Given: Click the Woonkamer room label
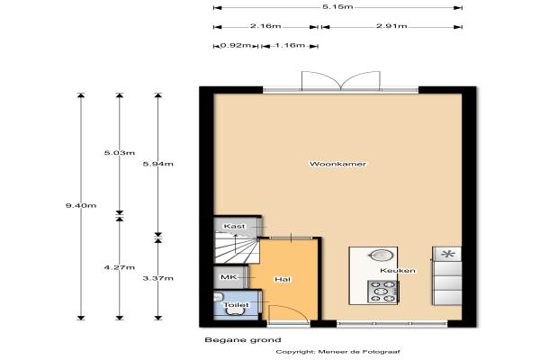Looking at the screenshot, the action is pos(337,164).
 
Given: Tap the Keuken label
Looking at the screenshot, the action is pos(398,270).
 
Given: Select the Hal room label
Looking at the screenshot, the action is pos(283,279).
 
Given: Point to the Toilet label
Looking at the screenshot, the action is pos(236,305).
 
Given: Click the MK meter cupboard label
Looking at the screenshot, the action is pos(229,277).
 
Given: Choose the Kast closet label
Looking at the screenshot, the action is pos(234,226).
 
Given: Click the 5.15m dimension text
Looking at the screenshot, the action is pos(337,7).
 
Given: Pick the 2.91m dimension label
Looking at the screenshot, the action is pos(391,26).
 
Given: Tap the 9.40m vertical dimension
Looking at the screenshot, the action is pos(81,206).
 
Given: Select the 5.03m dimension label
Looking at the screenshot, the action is pos(120,153).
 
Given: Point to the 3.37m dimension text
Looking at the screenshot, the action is pos(158,278).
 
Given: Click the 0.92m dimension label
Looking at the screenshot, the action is pos(236,45).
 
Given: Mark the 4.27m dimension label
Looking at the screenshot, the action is pos(120,267).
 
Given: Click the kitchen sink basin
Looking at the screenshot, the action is pos(381,256).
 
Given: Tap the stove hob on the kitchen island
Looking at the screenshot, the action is pos(382,292).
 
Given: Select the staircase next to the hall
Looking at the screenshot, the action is pos(236,248).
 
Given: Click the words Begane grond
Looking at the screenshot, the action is pos(243,340).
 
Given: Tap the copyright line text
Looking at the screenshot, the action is pos(337,352).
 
